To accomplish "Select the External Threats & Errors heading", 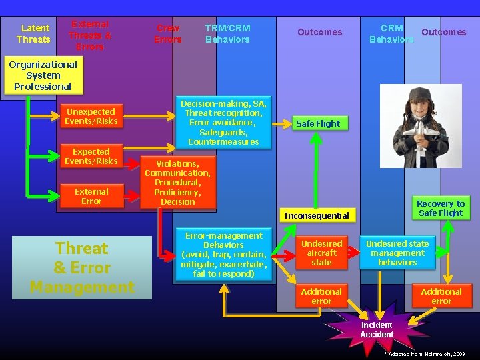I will [90, 35].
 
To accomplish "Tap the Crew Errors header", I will [167, 34].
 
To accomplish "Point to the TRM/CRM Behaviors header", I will [227, 33].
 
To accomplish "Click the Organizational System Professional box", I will [43, 75].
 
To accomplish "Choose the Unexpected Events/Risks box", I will [91, 117].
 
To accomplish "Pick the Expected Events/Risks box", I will [91, 157].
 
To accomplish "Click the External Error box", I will [91, 196].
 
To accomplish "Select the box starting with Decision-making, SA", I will [223, 122].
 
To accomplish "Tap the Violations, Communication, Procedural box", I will [177, 182].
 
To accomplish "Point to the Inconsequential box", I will [316, 215].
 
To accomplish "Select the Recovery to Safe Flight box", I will [440, 208].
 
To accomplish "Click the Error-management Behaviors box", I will [223, 255].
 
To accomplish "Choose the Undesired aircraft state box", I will [321, 253].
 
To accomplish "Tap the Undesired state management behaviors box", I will [397, 253].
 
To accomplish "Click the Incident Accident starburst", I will [377, 329].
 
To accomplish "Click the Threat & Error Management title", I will [82, 267].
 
